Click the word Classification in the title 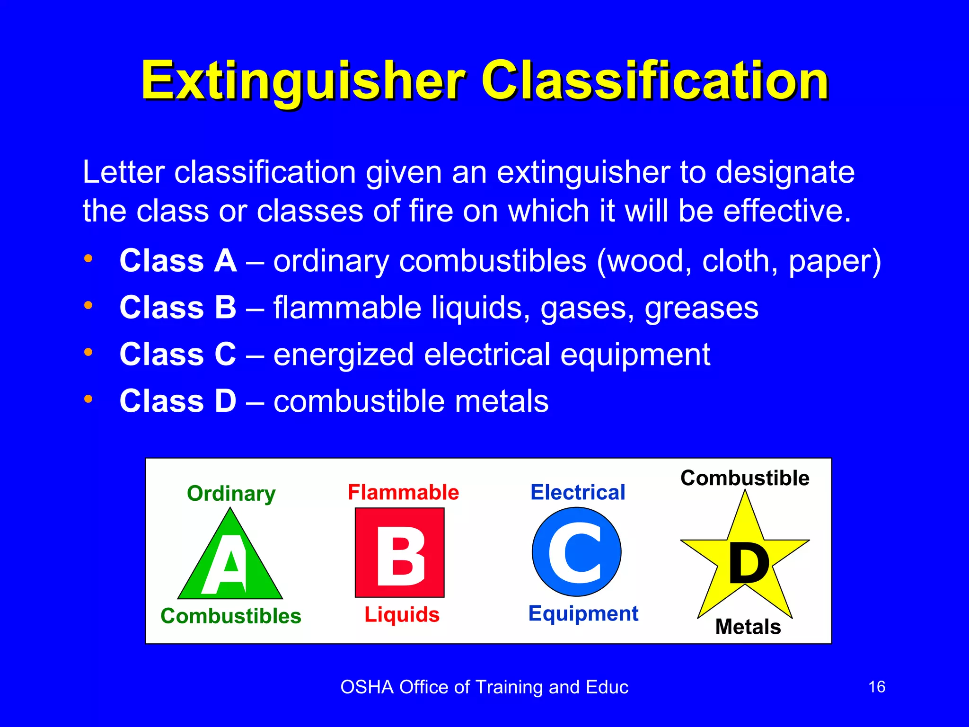[655, 81]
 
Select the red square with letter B [400, 552]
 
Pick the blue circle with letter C [576, 552]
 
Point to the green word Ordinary [231, 494]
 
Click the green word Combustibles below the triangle [231, 616]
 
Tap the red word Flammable [403, 492]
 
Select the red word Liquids [402, 614]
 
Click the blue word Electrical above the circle [578, 492]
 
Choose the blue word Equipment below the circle [583, 613]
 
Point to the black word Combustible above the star [745, 478]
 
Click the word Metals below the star [748, 627]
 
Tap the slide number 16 [877, 687]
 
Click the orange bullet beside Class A [88, 258]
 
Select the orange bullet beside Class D [88, 399]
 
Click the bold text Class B [177, 307]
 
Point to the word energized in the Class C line [344, 355]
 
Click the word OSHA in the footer [367, 687]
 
